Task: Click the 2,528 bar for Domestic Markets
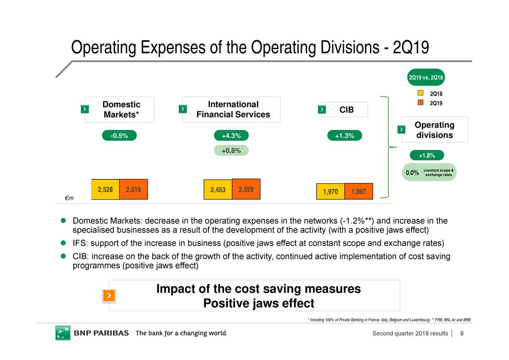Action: pyautogui.click(x=105, y=189)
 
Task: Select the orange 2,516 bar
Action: pyautogui.click(x=133, y=189)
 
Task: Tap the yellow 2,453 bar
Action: pyautogui.click(x=218, y=190)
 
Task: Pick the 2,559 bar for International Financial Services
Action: pyautogui.click(x=246, y=189)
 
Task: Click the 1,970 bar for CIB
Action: pyautogui.click(x=330, y=191)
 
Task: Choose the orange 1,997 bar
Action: pyautogui.click(x=359, y=191)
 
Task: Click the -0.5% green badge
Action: pyautogui.click(x=119, y=136)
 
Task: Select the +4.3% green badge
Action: pyautogui.click(x=231, y=136)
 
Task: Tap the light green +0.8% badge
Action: pyautogui.click(x=231, y=150)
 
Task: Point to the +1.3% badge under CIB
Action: pyautogui.click(x=344, y=136)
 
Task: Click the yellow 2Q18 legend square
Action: pyautogui.click(x=420, y=93)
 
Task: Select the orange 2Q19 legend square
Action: pyautogui.click(x=420, y=103)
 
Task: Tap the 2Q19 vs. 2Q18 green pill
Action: pyautogui.click(x=426, y=77)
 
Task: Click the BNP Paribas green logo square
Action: pyautogui.click(x=63, y=333)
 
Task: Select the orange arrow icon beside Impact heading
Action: pyautogui.click(x=109, y=296)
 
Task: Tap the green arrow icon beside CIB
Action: pyautogui.click(x=322, y=109)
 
